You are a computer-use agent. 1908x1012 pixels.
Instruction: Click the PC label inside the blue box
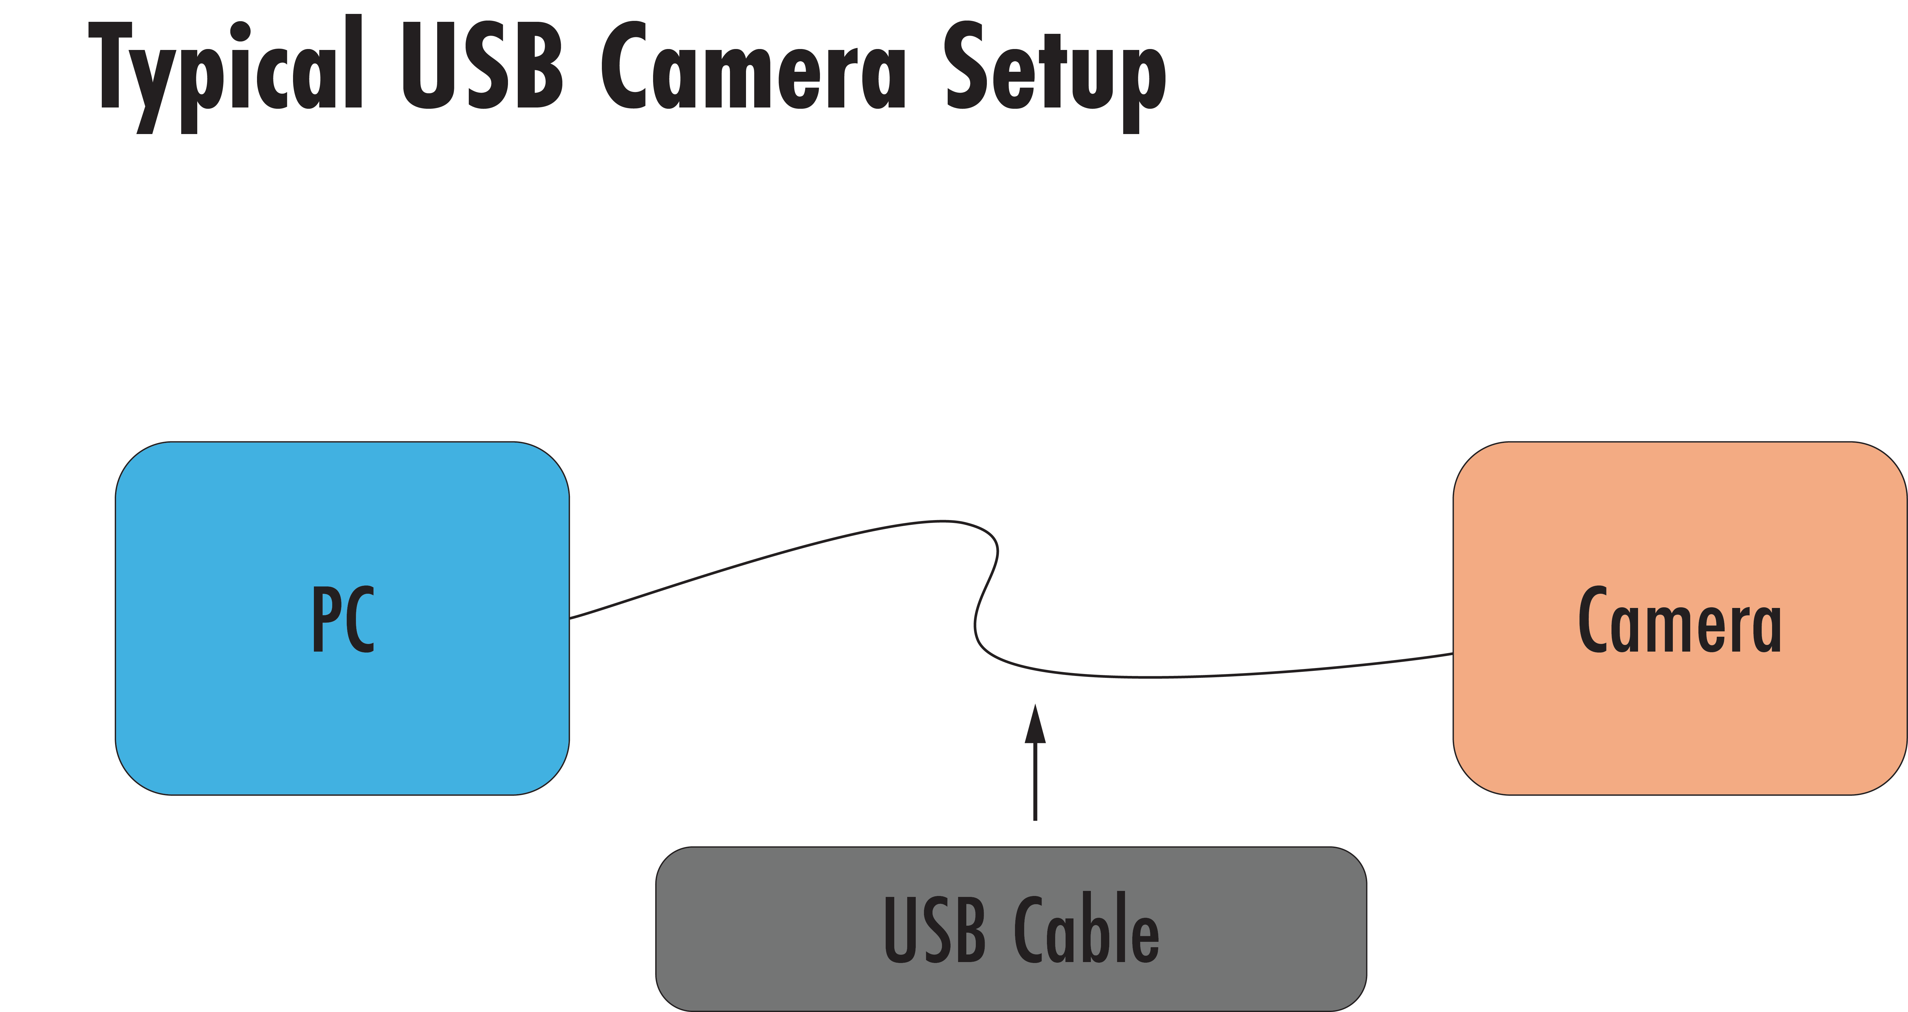[x=343, y=619]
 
